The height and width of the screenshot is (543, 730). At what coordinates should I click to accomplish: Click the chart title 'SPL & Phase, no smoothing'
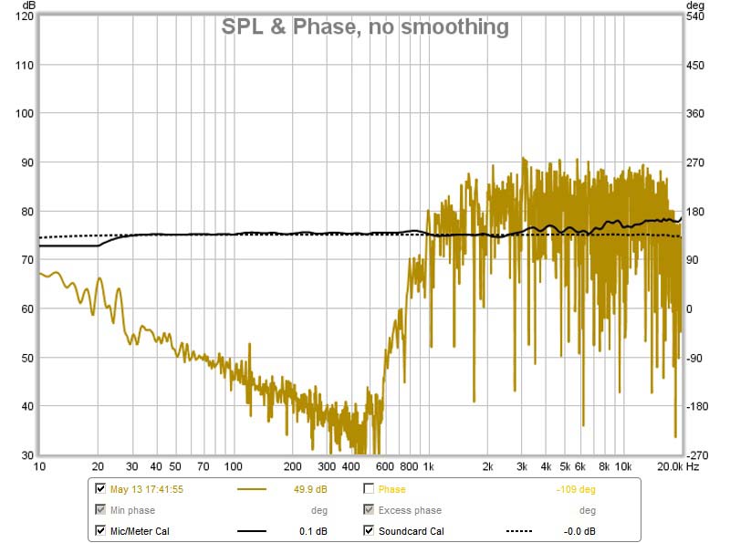[x=365, y=27]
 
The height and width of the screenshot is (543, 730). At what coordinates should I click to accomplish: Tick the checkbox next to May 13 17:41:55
[x=100, y=489]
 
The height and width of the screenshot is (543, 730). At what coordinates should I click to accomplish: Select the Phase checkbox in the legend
[x=370, y=489]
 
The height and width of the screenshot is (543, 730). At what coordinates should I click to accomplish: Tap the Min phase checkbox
[x=100, y=510]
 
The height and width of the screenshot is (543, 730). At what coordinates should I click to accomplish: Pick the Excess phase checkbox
[x=370, y=510]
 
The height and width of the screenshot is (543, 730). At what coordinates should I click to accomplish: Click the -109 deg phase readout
[x=576, y=490]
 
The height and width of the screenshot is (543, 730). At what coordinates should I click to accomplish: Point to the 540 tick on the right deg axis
[x=696, y=16]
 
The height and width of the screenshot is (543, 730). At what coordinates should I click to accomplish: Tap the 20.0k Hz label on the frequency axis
[x=669, y=466]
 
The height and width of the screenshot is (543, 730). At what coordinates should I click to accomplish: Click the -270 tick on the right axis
[x=697, y=454]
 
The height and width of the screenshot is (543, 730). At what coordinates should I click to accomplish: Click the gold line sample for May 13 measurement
[x=252, y=490]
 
